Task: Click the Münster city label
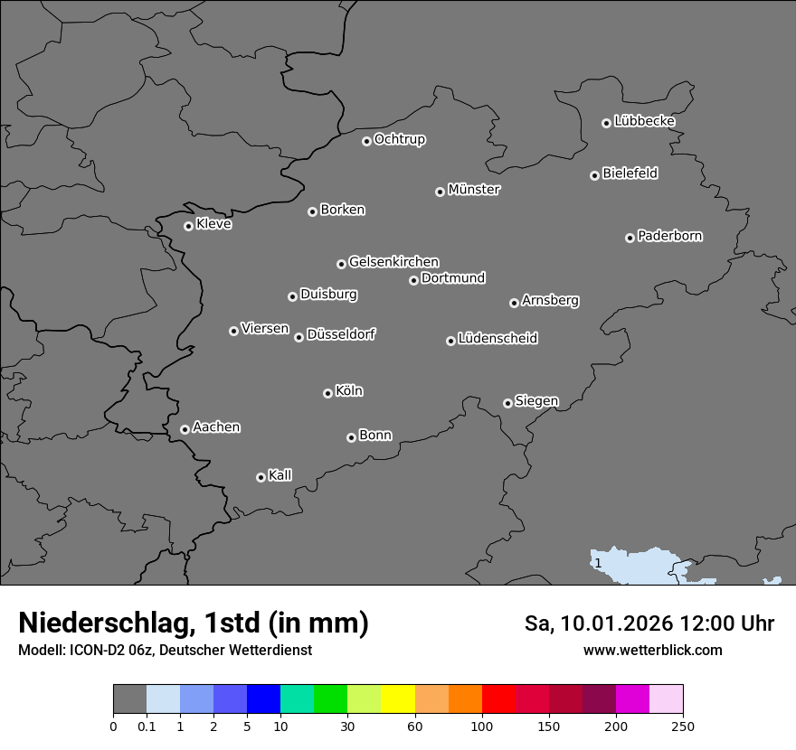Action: pyautogui.click(x=473, y=190)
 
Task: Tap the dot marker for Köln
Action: pyautogui.click(x=327, y=393)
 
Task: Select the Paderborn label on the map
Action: pyautogui.click(x=669, y=236)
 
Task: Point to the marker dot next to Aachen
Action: pyautogui.click(x=185, y=429)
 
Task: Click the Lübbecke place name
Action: pyautogui.click(x=644, y=121)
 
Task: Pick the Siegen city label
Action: pyautogui.click(x=536, y=401)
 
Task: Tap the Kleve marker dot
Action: pyautogui.click(x=188, y=226)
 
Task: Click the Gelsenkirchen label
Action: pyautogui.click(x=393, y=262)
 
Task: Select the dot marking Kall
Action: pyautogui.click(x=261, y=477)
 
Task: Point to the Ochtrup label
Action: pyautogui.click(x=399, y=139)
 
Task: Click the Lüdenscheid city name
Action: pyautogui.click(x=497, y=339)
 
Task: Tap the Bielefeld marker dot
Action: pyautogui.click(x=594, y=175)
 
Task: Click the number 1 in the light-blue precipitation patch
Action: pyautogui.click(x=598, y=564)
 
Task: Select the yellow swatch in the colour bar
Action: pyautogui.click(x=398, y=699)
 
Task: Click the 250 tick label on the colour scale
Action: pyautogui.click(x=683, y=727)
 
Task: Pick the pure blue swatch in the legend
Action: pyautogui.click(x=263, y=699)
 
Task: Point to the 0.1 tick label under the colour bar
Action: pyautogui.click(x=147, y=727)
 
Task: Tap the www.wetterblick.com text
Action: pyautogui.click(x=652, y=650)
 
